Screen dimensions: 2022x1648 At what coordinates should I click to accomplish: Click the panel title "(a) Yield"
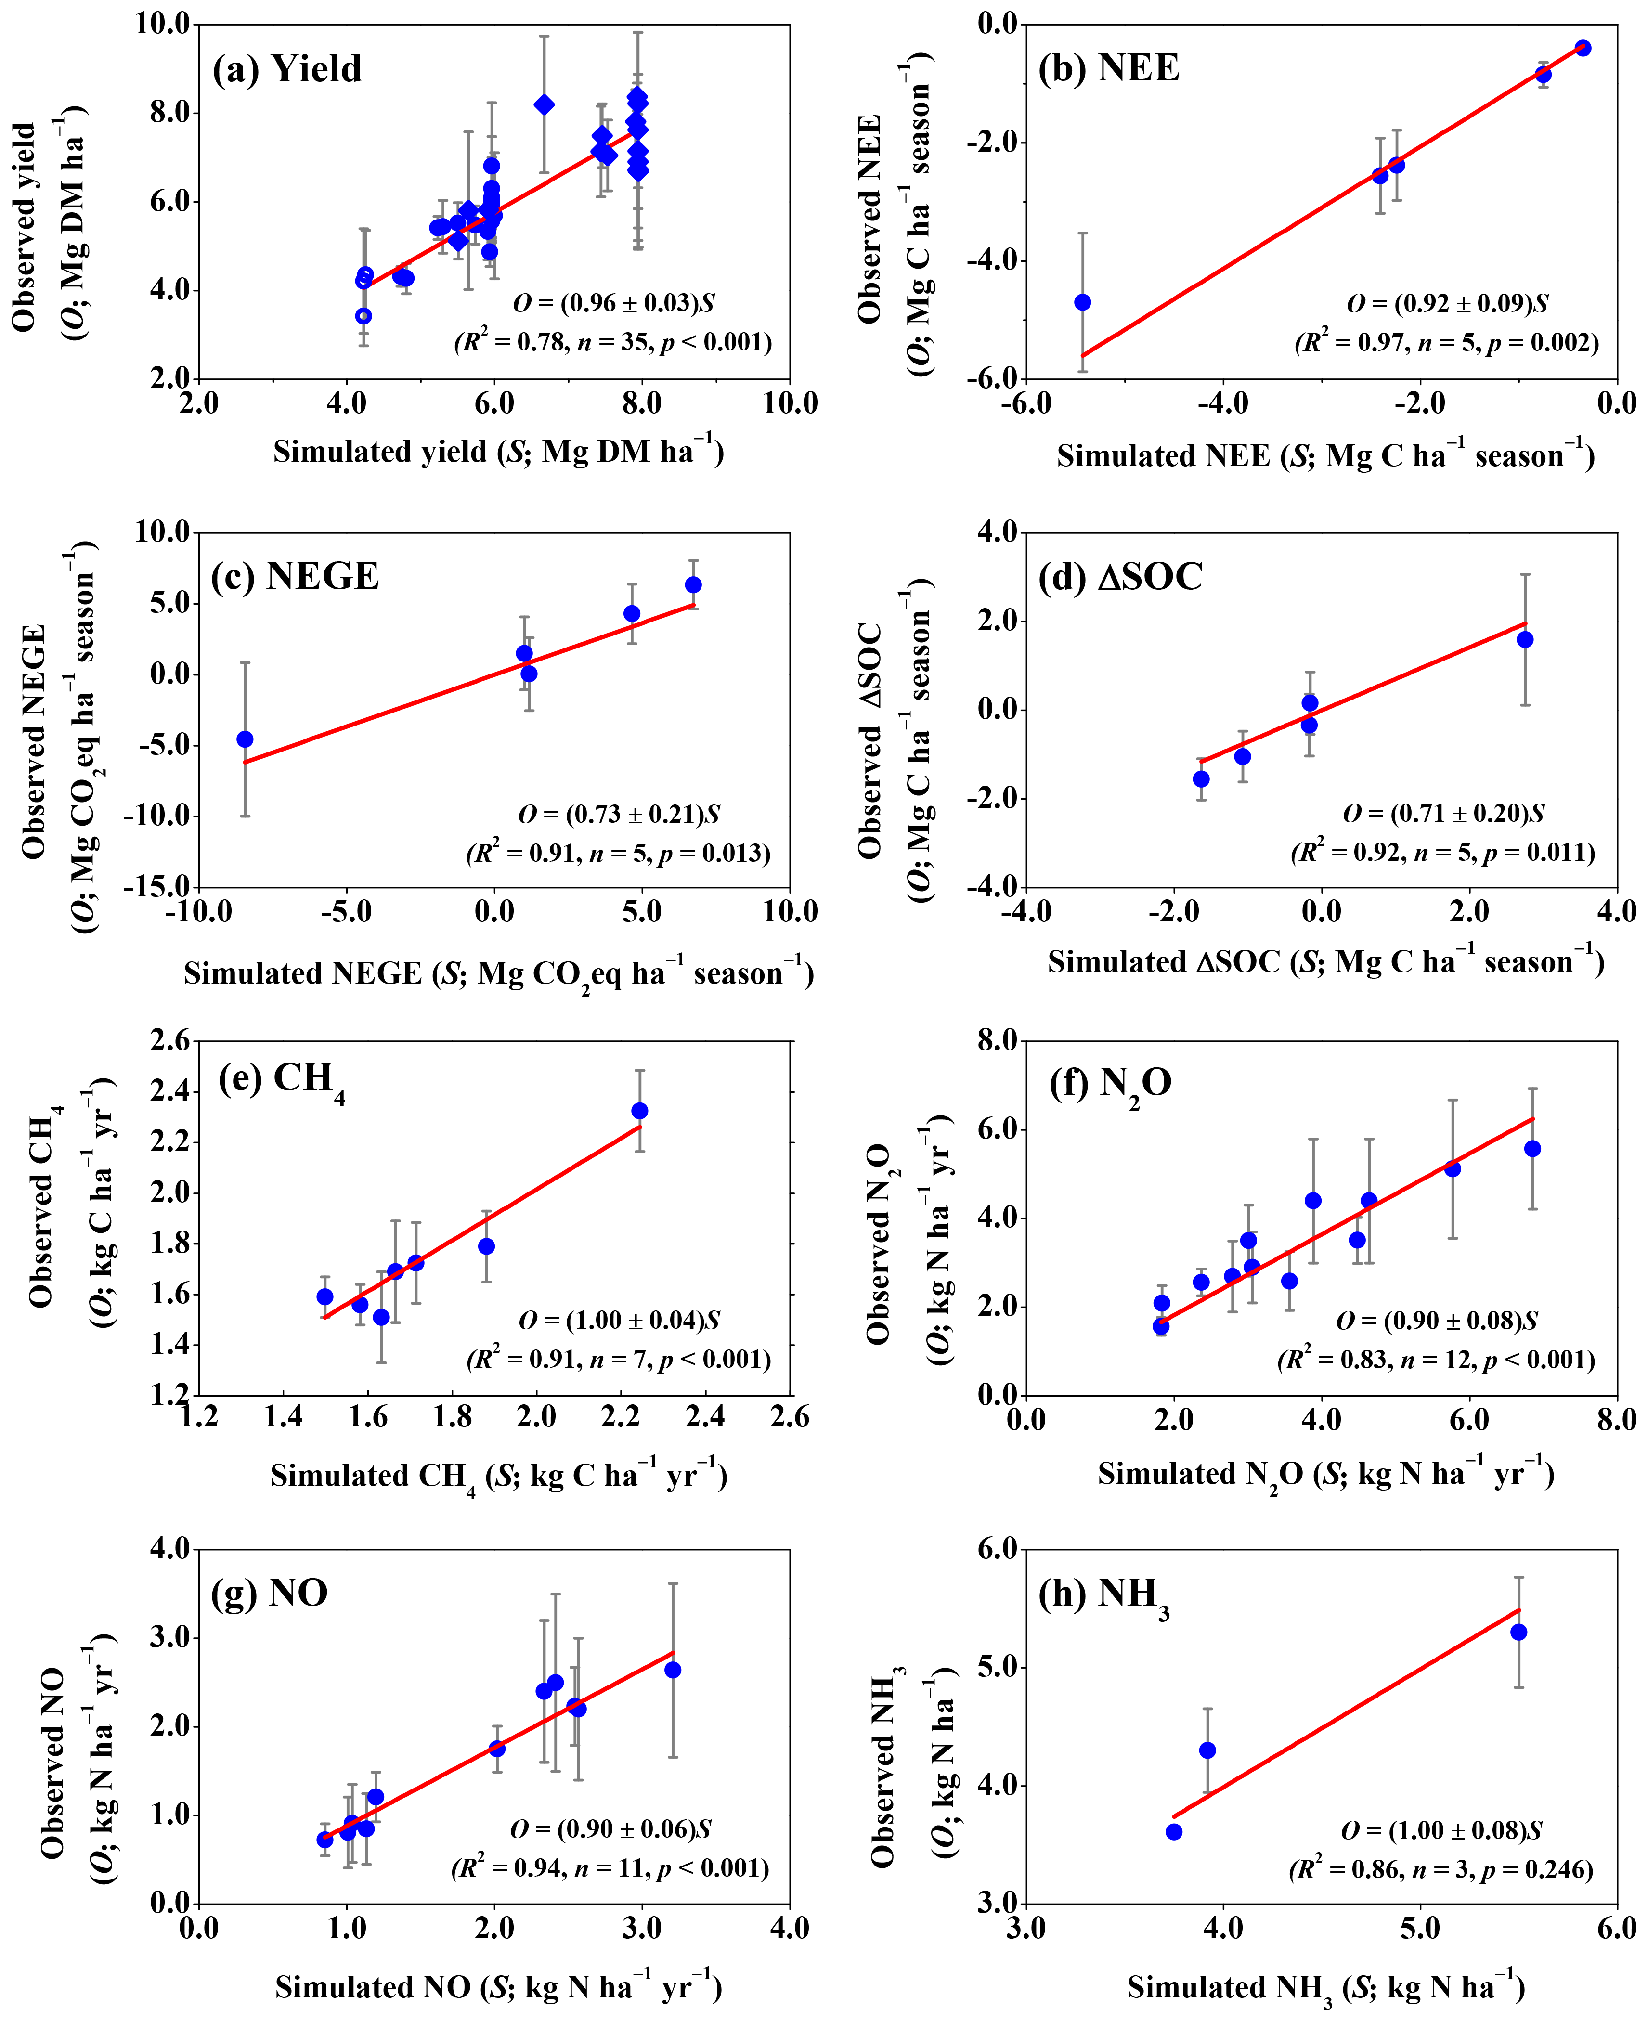point(286,69)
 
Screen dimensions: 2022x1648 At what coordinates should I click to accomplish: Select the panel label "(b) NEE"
point(1109,68)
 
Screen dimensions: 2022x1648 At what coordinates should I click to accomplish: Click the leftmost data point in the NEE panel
point(1082,302)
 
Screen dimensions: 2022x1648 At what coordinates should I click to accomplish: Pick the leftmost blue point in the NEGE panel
point(245,739)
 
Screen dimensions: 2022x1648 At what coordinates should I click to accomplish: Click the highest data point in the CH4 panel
point(640,1111)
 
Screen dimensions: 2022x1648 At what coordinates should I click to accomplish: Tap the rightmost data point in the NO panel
point(672,1670)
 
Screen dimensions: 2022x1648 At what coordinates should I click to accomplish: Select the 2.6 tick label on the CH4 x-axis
point(789,1418)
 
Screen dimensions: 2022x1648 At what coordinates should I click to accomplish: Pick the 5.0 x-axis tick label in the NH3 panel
point(1420,1928)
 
